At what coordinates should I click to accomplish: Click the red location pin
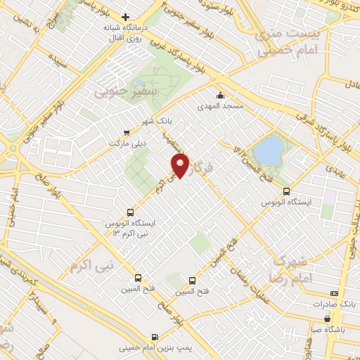(182, 165)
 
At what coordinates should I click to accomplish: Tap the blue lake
(267, 150)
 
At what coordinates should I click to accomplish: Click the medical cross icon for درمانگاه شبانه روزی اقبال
(126, 17)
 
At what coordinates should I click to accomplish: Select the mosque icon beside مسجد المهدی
(221, 95)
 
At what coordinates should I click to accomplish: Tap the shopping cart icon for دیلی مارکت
(126, 131)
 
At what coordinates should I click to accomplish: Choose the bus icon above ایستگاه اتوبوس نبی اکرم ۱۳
(130, 212)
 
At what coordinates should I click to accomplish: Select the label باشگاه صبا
(330, 328)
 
